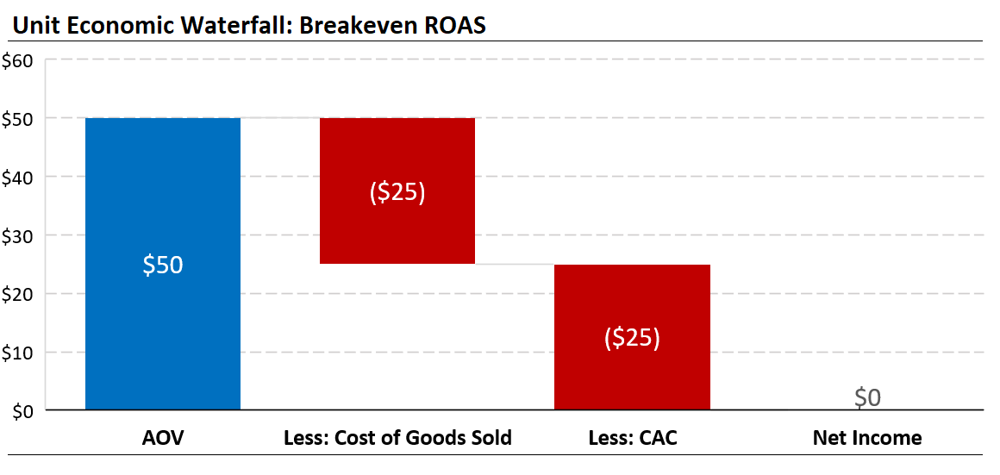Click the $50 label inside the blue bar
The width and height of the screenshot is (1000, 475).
pos(163,265)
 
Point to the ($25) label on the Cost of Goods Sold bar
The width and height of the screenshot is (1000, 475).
pos(397,191)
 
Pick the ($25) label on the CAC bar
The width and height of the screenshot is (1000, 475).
pos(632,338)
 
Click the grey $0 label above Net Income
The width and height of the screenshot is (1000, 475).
pos(867,397)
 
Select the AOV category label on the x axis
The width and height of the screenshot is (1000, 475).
pos(163,438)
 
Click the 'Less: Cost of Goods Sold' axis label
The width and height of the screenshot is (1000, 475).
pos(397,438)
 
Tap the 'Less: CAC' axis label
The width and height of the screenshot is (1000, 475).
pos(632,438)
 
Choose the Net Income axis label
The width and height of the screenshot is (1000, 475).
pos(867,438)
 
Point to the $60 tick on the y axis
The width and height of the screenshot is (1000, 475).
pos(18,60)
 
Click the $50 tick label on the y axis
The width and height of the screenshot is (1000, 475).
pos(18,118)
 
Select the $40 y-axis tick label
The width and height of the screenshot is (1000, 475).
pos(18,177)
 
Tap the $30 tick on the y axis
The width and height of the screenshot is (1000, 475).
pos(18,235)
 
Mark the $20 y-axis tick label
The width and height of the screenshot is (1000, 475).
pos(18,294)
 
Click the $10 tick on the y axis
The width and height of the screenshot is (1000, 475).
pos(18,353)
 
